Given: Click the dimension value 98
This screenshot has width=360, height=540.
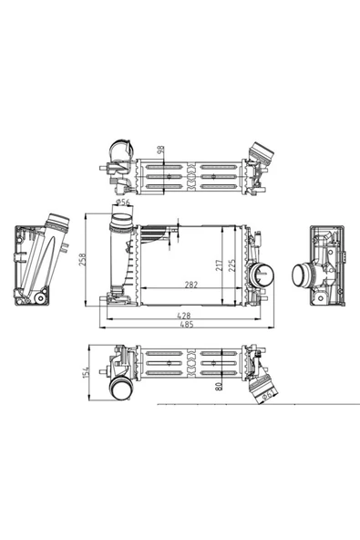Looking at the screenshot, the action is click(160, 151).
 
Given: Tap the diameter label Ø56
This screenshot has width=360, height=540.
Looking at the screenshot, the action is click(123, 202).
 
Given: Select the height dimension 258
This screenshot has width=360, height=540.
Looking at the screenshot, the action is click(82, 260).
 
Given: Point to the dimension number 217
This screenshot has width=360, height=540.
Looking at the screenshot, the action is click(219, 265).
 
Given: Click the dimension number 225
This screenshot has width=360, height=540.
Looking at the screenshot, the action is click(232, 265).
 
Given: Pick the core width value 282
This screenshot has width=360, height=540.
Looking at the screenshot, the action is click(191, 285).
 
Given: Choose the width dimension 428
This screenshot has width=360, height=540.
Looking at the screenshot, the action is click(183, 315).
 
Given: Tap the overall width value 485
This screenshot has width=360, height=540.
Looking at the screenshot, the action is click(187, 324).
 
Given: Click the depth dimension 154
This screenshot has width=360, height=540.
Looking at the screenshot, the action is click(86, 372).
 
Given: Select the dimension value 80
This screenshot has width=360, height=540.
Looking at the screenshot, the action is click(218, 386).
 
